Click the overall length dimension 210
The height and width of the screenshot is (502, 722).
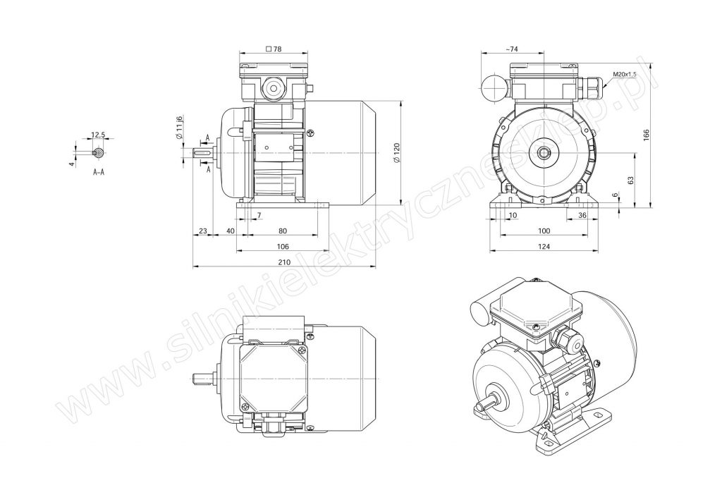284,262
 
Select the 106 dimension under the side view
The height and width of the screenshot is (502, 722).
283,246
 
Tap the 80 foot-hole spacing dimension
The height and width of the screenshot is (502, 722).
283,231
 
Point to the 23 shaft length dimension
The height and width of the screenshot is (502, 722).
202,231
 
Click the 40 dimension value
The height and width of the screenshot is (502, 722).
231,231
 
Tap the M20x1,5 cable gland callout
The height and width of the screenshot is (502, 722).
625,74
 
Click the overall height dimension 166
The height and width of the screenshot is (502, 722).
646,135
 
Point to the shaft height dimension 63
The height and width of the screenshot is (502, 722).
630,180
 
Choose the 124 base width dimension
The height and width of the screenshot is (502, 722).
544,246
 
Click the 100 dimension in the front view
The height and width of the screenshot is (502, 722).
544,231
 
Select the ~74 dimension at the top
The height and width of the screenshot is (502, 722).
512,49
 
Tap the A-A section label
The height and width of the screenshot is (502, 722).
99,172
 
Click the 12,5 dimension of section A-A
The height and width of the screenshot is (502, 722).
98,135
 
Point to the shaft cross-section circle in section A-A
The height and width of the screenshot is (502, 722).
99,152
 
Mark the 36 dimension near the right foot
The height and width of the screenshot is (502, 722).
582,215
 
